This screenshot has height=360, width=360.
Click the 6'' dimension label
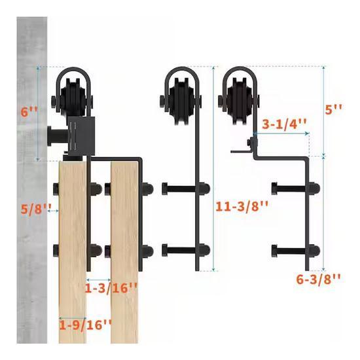29,113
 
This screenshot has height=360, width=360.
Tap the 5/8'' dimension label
36,209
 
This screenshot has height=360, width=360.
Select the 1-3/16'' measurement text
111,288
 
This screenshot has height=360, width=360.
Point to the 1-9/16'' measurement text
86,325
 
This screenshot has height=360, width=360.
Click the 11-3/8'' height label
242,207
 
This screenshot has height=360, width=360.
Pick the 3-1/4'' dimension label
284,124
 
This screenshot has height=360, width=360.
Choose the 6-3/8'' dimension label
318,279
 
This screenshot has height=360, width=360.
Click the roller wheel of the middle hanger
181,101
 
